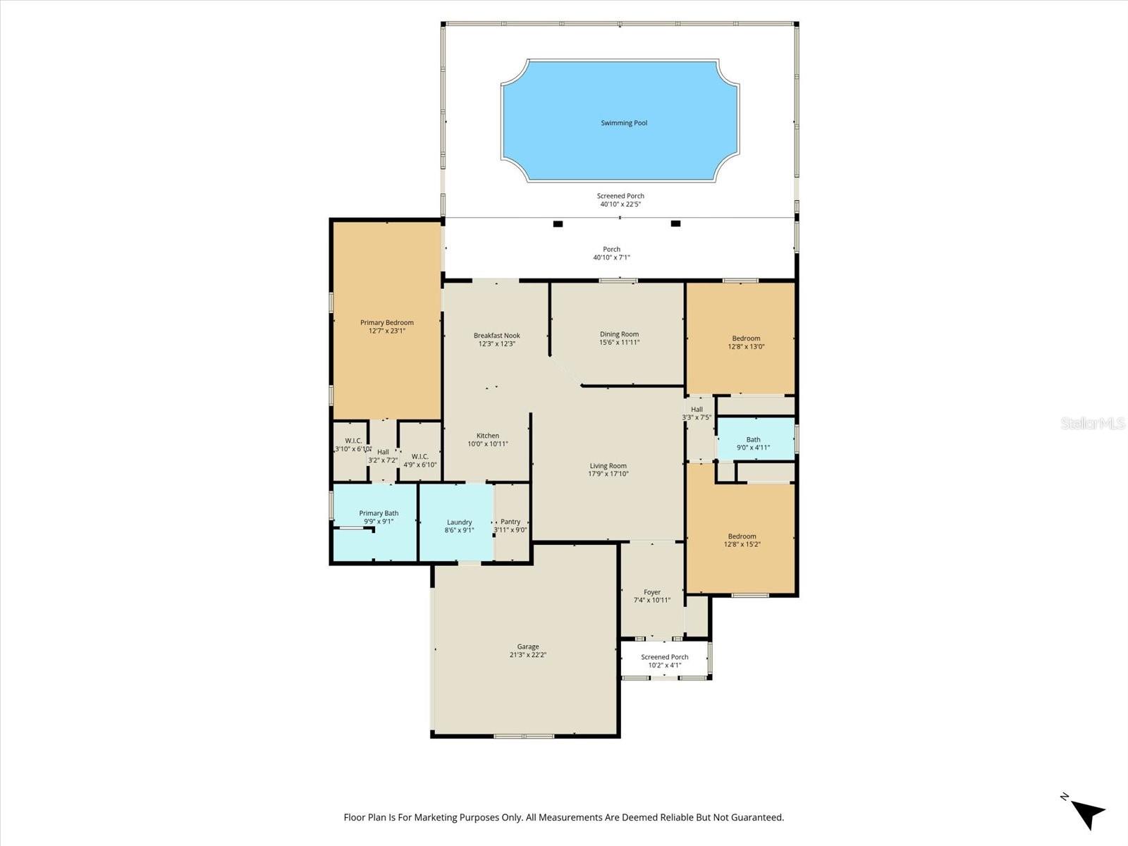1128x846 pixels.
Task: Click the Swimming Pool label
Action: tap(623, 123)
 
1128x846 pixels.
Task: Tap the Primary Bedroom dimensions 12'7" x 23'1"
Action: tap(386, 331)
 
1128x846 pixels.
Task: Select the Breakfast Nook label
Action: tap(496, 336)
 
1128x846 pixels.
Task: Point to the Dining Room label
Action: tap(619, 334)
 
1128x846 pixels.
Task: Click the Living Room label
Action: tap(608, 466)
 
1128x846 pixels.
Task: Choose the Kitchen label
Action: tap(487, 436)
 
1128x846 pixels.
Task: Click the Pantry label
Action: tap(510, 522)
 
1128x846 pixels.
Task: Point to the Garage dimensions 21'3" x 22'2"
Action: tap(528, 655)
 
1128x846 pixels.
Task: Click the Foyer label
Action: tap(651, 592)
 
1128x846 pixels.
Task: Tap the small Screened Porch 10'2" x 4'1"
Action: tap(664, 661)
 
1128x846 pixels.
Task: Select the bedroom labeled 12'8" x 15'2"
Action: tap(742, 540)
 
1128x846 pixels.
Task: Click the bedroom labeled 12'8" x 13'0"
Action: tap(746, 342)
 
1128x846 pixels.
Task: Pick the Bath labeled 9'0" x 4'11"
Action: tap(753, 443)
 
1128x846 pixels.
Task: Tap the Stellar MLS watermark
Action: tap(1092, 423)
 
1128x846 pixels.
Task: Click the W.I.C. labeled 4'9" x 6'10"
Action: tap(419, 460)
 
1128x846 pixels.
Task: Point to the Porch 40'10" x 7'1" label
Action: tap(611, 253)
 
